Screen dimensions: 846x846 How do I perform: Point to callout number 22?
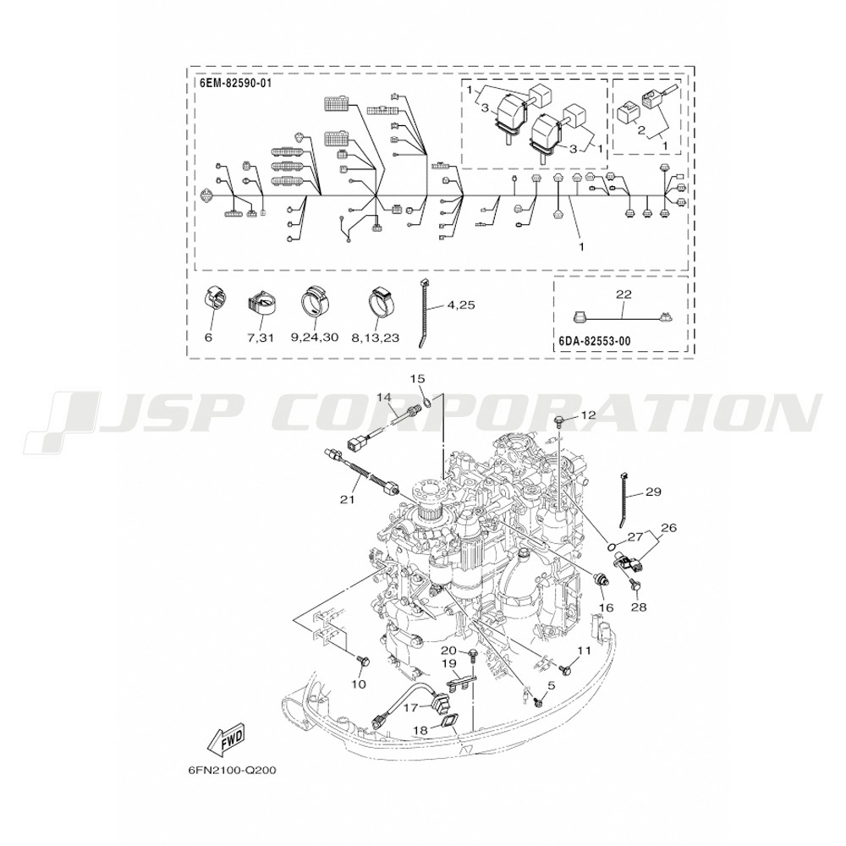point(624,294)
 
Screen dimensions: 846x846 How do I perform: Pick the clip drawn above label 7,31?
point(261,302)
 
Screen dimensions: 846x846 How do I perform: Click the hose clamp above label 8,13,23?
point(381,302)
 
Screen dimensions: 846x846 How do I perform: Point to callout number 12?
point(588,415)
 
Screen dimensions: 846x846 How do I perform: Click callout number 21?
point(346,500)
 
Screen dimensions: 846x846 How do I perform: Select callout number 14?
point(384,397)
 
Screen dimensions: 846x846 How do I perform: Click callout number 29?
point(653,492)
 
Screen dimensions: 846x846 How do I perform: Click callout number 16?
point(606,607)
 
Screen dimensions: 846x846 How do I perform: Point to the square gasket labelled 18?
point(448,720)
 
